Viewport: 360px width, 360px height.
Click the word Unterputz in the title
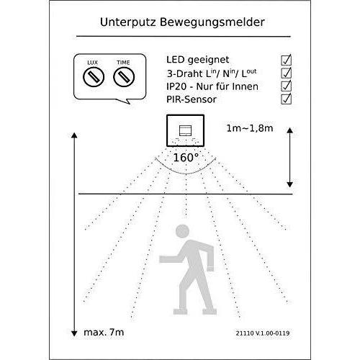128,22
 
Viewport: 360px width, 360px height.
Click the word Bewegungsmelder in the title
212,22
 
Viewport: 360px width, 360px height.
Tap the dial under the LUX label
94,77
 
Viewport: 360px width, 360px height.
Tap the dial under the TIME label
124,77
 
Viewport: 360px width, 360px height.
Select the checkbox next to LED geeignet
286,60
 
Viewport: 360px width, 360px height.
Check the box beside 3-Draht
286,73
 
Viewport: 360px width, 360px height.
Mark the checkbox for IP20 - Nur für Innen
286,86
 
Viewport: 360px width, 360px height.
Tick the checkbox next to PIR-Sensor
286,99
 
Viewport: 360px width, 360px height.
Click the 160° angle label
186,158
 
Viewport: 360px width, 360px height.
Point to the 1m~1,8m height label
250,128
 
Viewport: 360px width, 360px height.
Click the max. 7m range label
104,333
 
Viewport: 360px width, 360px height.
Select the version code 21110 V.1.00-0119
263,333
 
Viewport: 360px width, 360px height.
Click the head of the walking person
182,231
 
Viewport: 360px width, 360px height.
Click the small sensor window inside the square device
185,130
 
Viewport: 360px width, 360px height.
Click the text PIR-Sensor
192,99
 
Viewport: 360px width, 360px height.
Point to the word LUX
92,63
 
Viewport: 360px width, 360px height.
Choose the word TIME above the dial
123,63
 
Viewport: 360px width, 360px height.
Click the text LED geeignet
197,60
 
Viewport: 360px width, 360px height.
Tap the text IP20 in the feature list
176,86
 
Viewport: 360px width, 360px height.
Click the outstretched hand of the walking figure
163,259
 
